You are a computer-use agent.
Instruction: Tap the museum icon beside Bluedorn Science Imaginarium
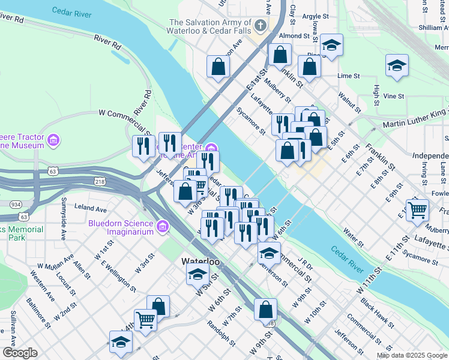tap(161, 227)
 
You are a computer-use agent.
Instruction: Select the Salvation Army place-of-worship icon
tap(260, 25)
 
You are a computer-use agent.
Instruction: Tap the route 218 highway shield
tap(100, 181)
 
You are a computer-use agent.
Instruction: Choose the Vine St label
tap(394, 96)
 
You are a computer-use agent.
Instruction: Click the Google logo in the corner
tap(19, 353)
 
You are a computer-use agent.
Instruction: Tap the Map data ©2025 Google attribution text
tap(411, 355)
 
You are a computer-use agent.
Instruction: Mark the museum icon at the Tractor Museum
tap(54, 141)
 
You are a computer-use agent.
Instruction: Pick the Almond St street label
tap(294, 36)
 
